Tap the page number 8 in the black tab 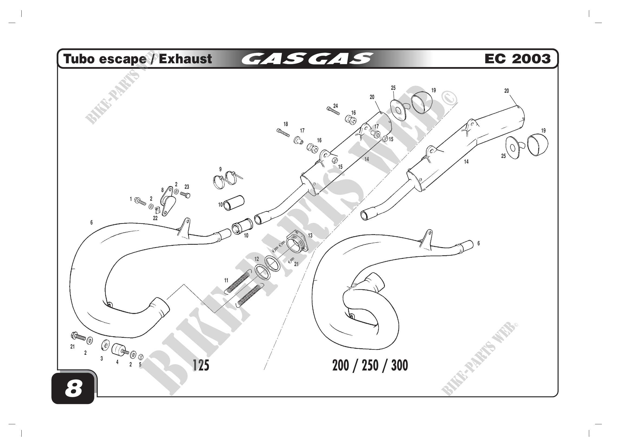pyautogui.click(x=73, y=389)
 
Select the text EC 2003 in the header pyautogui.click(x=517, y=59)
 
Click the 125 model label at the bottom pyautogui.click(x=201, y=366)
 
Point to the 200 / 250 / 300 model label pyautogui.click(x=370, y=366)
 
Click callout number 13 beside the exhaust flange pyautogui.click(x=310, y=236)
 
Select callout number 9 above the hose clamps pyautogui.click(x=220, y=169)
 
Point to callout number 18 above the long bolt pyautogui.click(x=286, y=124)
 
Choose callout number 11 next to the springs pyautogui.click(x=226, y=281)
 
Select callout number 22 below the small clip pyautogui.click(x=155, y=218)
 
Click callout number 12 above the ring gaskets pyautogui.click(x=257, y=259)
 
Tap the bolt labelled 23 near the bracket pyautogui.click(x=185, y=195)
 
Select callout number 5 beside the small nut pyautogui.click(x=140, y=364)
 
